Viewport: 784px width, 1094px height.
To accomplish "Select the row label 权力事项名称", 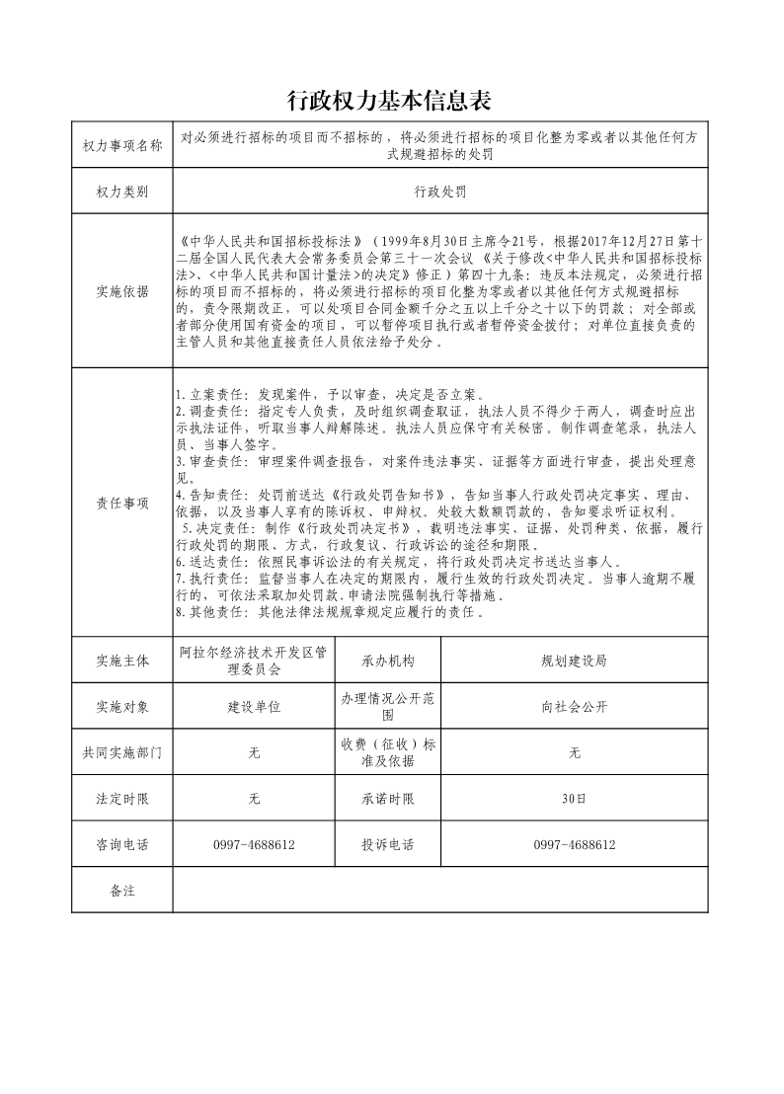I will [x=122, y=146].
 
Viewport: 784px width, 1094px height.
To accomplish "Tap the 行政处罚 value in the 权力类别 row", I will [x=439, y=192].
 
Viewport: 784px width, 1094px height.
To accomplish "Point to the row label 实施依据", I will [x=122, y=291].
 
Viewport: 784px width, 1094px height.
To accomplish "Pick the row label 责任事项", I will [x=122, y=503].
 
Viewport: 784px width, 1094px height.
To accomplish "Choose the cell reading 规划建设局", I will [x=574, y=661].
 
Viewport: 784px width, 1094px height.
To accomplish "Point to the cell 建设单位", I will [x=254, y=707].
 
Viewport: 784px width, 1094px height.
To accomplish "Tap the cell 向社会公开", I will [x=574, y=707].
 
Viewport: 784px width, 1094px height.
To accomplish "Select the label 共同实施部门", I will [x=122, y=753].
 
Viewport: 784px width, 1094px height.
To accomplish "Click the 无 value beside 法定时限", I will [x=254, y=799].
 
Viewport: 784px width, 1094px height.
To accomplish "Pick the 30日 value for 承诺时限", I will [x=574, y=799].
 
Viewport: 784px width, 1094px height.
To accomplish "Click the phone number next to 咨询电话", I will [x=254, y=845].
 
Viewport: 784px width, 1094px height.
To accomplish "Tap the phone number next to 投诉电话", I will [x=574, y=845].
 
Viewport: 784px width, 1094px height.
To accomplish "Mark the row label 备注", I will [x=122, y=891].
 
